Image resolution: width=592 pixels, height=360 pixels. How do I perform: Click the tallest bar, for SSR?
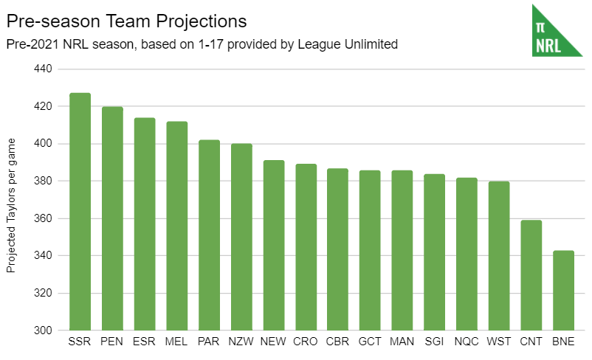point(80,212)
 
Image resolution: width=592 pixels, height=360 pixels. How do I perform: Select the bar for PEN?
point(112,218)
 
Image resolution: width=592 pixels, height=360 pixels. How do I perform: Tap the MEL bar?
point(177,226)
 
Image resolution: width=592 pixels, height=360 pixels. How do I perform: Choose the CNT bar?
point(531,275)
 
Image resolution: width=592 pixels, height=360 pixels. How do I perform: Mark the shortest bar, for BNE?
point(564,291)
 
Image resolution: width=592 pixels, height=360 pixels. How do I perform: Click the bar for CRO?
point(306,247)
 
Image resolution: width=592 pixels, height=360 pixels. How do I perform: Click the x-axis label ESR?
point(145,342)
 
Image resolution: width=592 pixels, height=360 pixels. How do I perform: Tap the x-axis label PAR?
point(209,342)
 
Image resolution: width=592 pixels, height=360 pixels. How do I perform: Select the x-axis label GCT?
point(370,342)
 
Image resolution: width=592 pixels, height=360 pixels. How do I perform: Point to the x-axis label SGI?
point(434,342)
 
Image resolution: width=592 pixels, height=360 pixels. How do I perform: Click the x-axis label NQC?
point(467,342)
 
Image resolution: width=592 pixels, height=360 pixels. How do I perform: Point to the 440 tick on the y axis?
point(43,69)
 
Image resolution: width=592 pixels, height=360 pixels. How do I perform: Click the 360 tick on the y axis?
point(43,218)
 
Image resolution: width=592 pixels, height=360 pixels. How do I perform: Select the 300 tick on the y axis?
point(43,330)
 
